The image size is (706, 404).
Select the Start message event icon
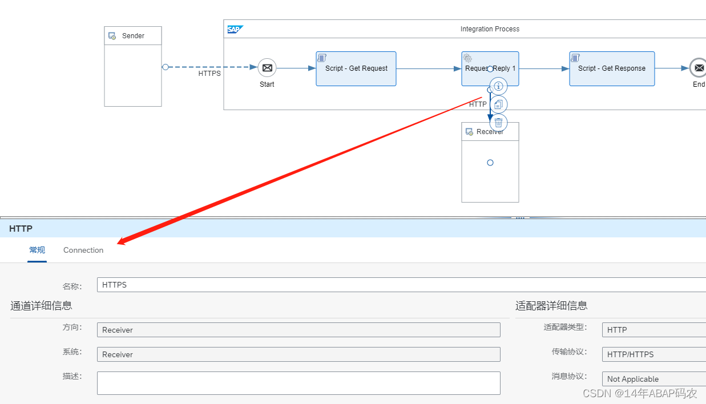click(x=267, y=68)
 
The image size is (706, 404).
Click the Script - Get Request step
click(x=356, y=69)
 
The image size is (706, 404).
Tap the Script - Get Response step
click(x=612, y=69)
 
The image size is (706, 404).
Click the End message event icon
click(x=699, y=68)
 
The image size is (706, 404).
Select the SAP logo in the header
click(x=235, y=30)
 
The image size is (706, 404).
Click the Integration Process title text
click(x=490, y=29)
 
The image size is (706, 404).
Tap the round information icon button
click(x=499, y=86)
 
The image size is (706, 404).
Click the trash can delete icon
click(x=499, y=122)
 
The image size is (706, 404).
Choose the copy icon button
click(x=499, y=104)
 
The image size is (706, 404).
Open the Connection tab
click(x=83, y=251)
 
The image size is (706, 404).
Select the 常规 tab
click(x=37, y=251)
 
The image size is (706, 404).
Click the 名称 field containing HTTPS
click(x=400, y=285)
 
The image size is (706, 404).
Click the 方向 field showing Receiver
click(x=298, y=330)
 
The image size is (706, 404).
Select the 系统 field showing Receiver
click(x=298, y=354)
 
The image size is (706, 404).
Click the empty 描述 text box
click(x=298, y=383)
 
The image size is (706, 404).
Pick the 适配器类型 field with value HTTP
click(x=653, y=330)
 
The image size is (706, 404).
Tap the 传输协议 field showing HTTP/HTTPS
click(x=653, y=354)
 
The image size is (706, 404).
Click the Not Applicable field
click(x=653, y=379)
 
